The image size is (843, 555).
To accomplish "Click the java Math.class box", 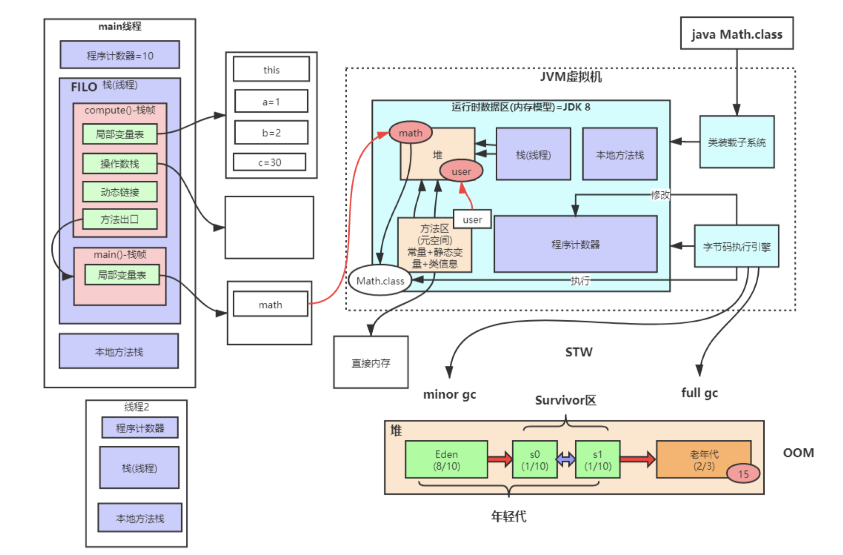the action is point(736,33).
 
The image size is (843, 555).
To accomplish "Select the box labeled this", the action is point(271,69).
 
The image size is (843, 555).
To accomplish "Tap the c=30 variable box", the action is point(270,162).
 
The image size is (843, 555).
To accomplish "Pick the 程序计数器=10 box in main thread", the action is point(120,55).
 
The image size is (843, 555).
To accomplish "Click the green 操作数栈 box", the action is point(120,164).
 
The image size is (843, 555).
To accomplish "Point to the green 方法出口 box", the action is point(120,219).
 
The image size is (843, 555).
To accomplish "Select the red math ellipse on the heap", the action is point(410,133).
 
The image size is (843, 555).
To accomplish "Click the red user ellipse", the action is point(461,171).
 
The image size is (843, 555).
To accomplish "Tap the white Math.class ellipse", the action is point(380,280).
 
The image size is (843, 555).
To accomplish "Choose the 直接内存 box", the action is point(371,362).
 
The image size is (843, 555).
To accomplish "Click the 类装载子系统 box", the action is point(736,142).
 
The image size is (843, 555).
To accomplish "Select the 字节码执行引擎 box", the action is point(736,246).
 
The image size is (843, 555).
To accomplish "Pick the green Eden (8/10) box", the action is point(446,460).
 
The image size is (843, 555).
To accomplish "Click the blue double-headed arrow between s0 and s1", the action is point(566,460).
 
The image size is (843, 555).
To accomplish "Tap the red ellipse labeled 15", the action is point(743,474).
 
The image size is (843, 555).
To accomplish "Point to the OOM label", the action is point(798,453).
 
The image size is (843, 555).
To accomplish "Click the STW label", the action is point(579,352).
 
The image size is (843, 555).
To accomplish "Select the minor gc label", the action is point(449,394).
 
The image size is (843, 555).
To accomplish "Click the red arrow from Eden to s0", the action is point(500,459).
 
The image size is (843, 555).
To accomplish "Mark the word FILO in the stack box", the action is point(84,87).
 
